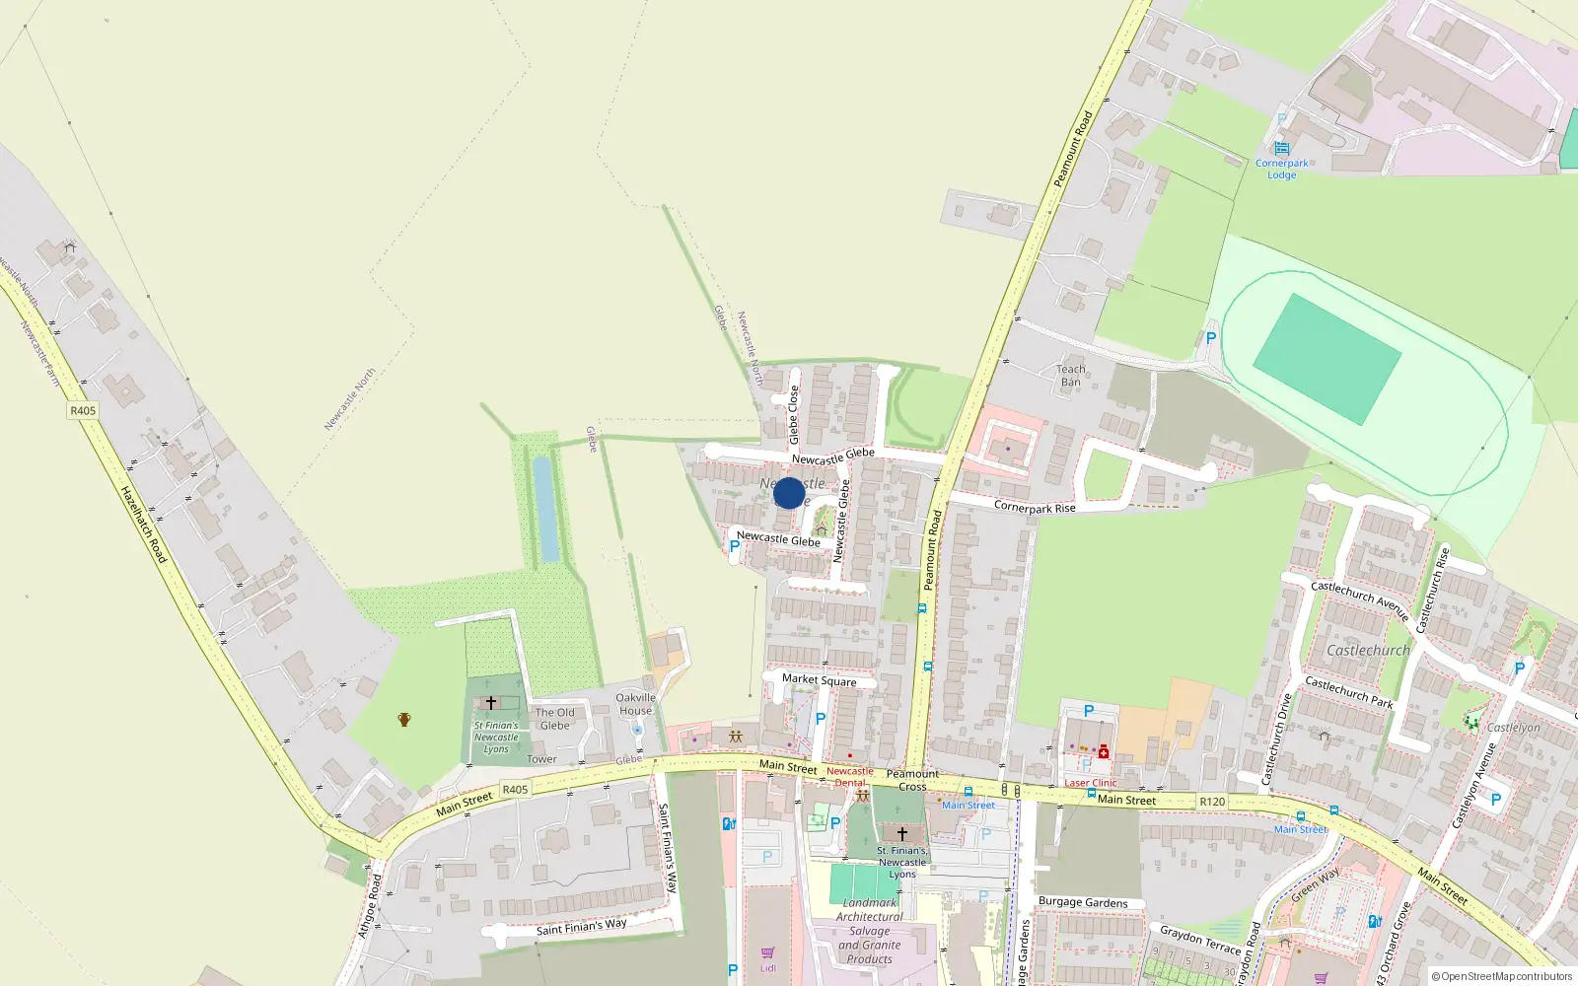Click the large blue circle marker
tap(789, 493)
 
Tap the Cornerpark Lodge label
tap(1282, 169)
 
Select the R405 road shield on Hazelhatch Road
tap(83, 410)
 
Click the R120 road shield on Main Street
tap(1212, 802)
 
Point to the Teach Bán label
tap(1071, 376)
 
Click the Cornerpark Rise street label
tap(1035, 507)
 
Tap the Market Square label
tap(819, 680)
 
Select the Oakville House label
tap(635, 704)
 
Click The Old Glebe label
tap(554, 719)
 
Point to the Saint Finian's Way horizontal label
tap(581, 927)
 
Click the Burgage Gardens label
tap(1083, 902)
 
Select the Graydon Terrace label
tap(1200, 939)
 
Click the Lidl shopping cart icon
tap(767, 953)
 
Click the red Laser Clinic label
tap(1091, 783)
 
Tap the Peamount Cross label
tap(912, 780)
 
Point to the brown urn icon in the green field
tap(403, 720)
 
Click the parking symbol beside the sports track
tap(1211, 338)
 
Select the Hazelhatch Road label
tap(143, 525)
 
